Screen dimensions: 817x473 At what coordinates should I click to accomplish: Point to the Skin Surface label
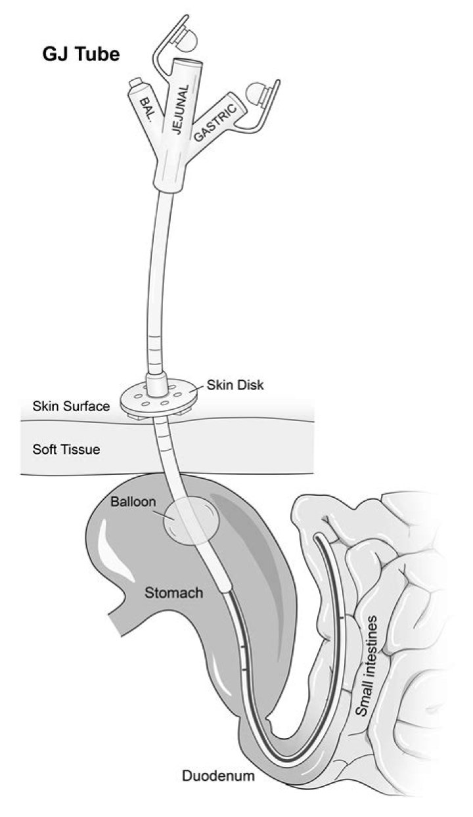[70, 407]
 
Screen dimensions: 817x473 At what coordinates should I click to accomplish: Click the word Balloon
[133, 502]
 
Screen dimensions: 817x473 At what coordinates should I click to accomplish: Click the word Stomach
[173, 593]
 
